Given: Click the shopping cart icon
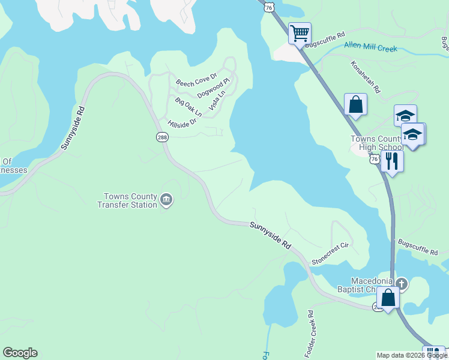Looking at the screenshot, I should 300,32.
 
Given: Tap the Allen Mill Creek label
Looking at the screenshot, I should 370,47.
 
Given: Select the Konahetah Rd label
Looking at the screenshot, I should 366,77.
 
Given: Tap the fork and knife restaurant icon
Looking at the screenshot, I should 392,161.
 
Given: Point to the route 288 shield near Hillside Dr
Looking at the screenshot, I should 163,137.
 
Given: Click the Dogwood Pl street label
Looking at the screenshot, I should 214,88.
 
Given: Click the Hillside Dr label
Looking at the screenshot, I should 182,124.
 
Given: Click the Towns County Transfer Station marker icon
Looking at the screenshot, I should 167,200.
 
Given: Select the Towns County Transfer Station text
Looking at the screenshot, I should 130,200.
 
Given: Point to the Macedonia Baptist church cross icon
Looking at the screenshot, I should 402,283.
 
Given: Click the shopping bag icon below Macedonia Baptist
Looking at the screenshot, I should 388,298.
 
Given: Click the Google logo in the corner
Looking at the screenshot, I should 20,353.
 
